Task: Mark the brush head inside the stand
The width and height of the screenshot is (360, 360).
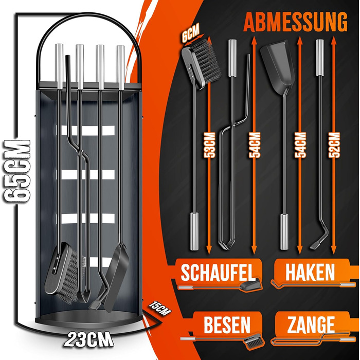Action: [x=65, y=273]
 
